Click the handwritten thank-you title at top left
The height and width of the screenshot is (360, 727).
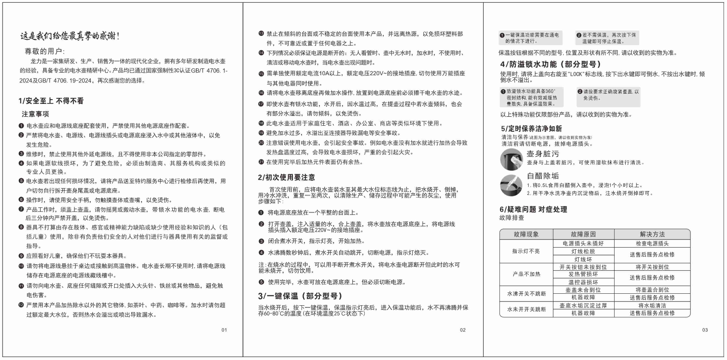pos(70,36)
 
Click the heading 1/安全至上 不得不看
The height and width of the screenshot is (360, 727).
pos(51,101)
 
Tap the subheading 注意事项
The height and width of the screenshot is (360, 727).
pos(35,114)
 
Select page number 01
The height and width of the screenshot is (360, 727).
pos(224,330)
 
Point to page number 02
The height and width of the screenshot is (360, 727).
pos(463,330)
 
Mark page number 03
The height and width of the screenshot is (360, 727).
pos(705,330)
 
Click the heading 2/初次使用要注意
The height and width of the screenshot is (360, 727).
pos(286,177)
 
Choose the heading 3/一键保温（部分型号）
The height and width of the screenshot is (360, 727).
pos(300,296)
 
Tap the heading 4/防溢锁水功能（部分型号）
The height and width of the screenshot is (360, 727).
pos(550,64)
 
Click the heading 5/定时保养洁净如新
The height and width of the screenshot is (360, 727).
pos(532,129)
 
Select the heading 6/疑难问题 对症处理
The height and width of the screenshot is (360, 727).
pos(533,209)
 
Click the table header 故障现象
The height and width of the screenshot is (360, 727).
pos(526,234)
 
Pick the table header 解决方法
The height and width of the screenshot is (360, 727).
pos(652,234)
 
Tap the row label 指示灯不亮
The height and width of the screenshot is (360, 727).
pos(526,251)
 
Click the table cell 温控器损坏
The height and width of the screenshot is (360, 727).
pos(583,282)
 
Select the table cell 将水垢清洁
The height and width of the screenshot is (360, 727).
pos(652,305)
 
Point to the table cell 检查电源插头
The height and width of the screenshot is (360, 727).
pos(652,243)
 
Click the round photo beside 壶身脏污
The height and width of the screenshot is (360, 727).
pos(511,159)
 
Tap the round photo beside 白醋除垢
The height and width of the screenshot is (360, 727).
pos(511,185)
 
